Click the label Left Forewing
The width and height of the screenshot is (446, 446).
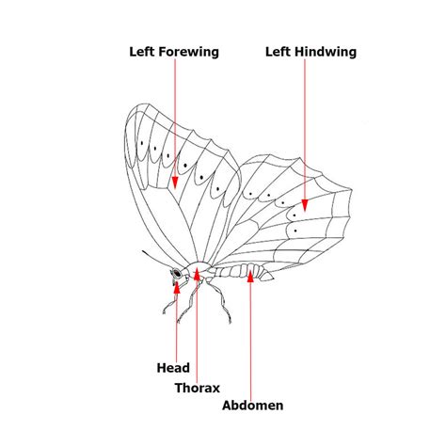(174, 52)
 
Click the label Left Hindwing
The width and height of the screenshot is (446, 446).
(311, 52)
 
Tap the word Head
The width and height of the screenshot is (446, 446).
(173, 368)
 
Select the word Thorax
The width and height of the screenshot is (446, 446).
(198, 388)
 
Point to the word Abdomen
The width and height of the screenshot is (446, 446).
(253, 406)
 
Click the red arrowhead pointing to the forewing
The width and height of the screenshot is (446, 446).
(175, 183)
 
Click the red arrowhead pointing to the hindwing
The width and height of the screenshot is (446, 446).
(305, 205)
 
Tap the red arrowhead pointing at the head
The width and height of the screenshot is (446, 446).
(177, 287)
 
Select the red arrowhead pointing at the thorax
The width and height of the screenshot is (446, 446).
(197, 274)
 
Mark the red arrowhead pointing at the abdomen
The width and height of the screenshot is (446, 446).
(250, 277)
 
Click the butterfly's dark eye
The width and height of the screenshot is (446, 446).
(177, 273)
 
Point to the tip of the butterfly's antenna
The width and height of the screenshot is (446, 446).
(143, 251)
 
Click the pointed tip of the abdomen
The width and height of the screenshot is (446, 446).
(273, 278)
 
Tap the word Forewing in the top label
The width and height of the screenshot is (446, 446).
(188, 52)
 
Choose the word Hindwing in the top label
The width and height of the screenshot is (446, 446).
(326, 52)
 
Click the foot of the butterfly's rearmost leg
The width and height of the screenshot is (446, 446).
(230, 322)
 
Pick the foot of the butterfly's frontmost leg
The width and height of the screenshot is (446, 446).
(165, 311)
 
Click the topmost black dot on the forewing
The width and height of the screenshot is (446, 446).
(142, 143)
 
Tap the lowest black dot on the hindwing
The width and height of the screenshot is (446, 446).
(295, 231)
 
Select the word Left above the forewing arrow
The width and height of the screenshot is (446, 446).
(142, 52)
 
